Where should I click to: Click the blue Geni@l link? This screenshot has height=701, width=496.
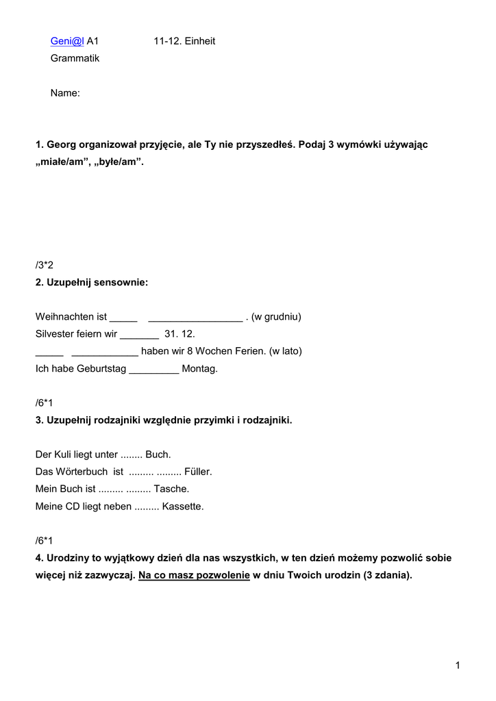67,41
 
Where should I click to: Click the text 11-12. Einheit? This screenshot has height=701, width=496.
184,41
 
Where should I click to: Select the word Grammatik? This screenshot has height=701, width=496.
75,58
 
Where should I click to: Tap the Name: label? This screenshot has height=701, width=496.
65,93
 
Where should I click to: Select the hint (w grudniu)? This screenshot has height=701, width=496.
276,317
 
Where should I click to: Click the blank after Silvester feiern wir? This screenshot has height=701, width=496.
139,335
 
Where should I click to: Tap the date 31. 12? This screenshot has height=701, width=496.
180,334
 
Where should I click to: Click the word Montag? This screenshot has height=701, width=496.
199,369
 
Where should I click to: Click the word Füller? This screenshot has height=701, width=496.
198,472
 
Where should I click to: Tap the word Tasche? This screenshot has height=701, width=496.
171,489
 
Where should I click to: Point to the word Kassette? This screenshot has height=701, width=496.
183,507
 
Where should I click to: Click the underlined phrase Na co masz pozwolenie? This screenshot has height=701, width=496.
194,575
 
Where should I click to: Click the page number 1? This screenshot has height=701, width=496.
457,665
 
